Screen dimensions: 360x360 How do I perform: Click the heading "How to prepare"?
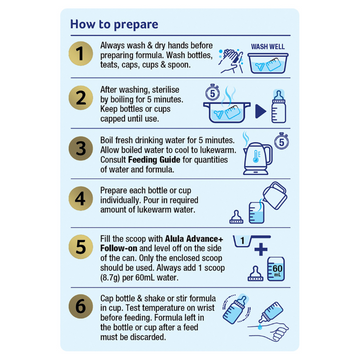click(114, 24)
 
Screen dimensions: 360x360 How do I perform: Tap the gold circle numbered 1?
click(80, 54)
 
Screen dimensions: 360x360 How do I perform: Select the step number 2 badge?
click(80, 98)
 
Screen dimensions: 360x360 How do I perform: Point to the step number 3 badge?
click(80, 149)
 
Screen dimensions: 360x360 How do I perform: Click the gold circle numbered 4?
click(80, 199)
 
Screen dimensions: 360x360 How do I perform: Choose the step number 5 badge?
click(80, 249)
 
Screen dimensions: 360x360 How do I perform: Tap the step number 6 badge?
click(80, 306)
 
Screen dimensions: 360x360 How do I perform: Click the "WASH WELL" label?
click(268, 47)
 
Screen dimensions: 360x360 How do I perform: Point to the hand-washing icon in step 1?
click(231, 61)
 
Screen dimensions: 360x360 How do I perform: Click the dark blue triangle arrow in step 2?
click(261, 112)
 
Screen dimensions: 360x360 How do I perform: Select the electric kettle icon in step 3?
click(257, 158)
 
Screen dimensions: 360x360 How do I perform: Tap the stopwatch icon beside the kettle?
click(282, 142)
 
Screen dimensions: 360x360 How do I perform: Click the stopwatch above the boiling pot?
click(212, 93)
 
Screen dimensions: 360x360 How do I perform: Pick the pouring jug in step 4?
click(275, 195)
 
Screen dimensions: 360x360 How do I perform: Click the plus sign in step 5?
click(261, 248)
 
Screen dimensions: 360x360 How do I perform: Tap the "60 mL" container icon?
click(276, 269)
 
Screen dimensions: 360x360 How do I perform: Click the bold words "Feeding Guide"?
click(154, 160)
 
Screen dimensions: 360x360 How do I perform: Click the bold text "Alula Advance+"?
click(194, 240)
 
